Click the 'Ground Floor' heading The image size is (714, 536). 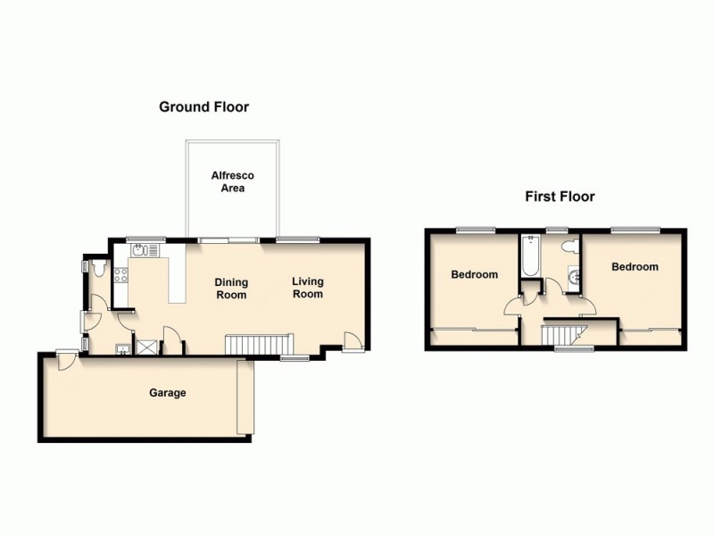pyautogui.click(x=203, y=107)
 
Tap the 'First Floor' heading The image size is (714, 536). pyautogui.click(x=559, y=197)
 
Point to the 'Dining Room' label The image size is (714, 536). pyautogui.click(x=230, y=289)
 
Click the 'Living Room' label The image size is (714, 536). pyautogui.click(x=308, y=288)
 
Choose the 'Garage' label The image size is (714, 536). pyautogui.click(x=168, y=393)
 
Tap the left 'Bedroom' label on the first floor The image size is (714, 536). pyautogui.click(x=474, y=274)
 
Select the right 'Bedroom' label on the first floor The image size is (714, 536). pyautogui.click(x=635, y=267)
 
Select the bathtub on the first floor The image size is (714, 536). pyautogui.click(x=530, y=258)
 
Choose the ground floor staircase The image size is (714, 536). pyautogui.click(x=258, y=344)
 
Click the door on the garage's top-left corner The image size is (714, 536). pyautogui.click(x=63, y=359)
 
